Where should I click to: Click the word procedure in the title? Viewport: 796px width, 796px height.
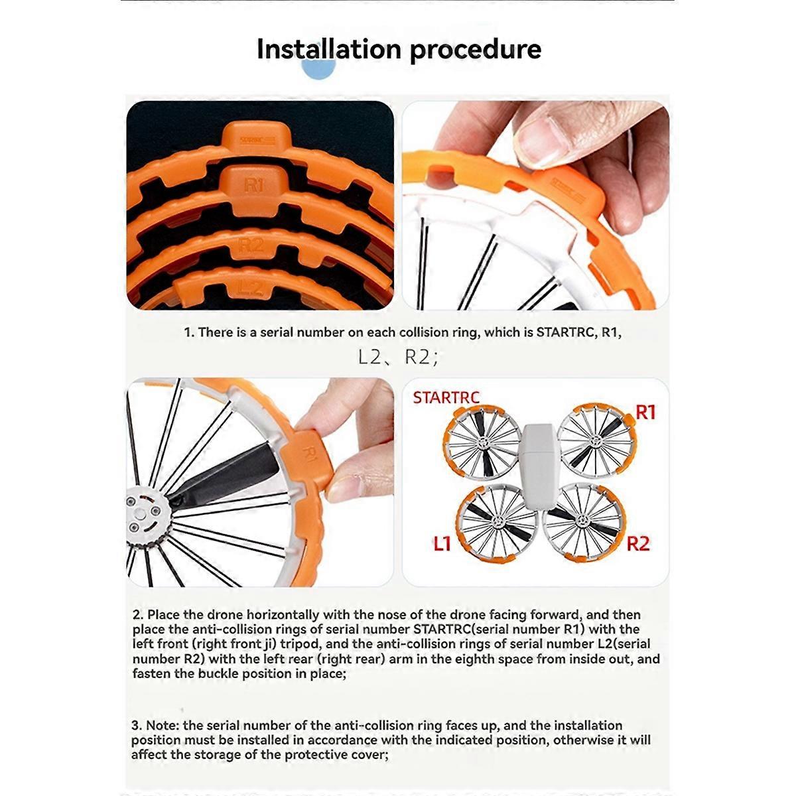tap(475, 50)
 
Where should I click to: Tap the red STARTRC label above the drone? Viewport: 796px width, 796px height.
tap(446, 398)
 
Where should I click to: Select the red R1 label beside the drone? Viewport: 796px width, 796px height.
tap(645, 413)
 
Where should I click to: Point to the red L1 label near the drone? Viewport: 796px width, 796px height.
tap(442, 544)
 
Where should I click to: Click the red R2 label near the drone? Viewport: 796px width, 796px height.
tap(638, 544)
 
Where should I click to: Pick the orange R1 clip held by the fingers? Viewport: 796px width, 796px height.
tap(308, 458)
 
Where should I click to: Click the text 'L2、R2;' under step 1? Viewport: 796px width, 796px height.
tap(397, 358)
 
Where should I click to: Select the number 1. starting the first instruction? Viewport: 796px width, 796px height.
tap(189, 332)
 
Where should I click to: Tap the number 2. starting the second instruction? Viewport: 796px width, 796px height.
tap(138, 615)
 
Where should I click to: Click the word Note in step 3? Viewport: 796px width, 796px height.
tap(164, 726)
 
